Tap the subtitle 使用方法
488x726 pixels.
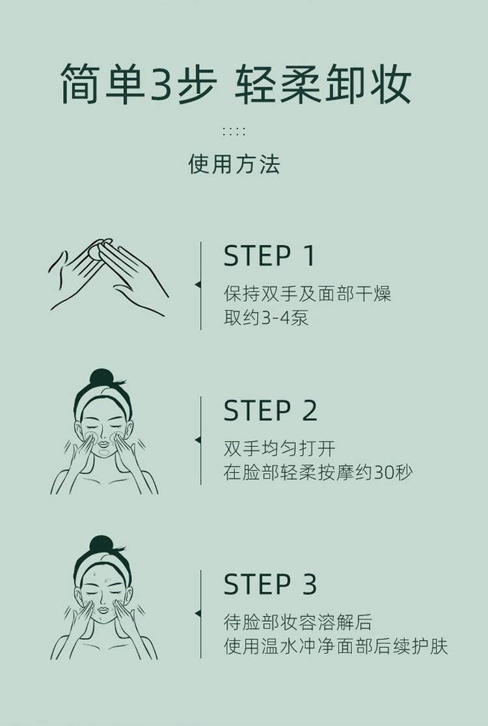pos(234,164)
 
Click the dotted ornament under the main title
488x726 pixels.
pos(234,132)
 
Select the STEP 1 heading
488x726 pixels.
pos(269,256)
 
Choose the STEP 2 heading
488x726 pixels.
pos(270,410)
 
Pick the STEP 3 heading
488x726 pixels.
pos(270,584)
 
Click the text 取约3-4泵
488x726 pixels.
pos(266,318)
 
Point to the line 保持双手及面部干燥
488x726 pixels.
pos(308,294)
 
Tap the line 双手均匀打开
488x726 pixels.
pos(279,448)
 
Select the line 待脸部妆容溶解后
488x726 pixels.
pos(297,622)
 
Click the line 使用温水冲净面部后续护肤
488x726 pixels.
pos(336,647)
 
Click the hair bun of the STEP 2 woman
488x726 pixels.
pos(102,378)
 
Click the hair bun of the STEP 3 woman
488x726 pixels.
pos(102,544)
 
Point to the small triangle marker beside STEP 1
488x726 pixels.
pos(198,285)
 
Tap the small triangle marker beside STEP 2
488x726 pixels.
pos(198,440)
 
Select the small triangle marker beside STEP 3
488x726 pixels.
pos(198,613)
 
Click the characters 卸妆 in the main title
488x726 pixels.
pos(368,84)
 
